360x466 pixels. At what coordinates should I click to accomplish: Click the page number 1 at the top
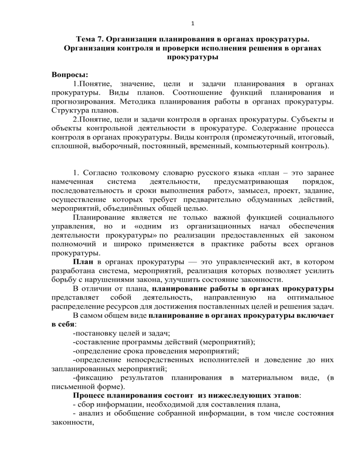click(180, 10)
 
